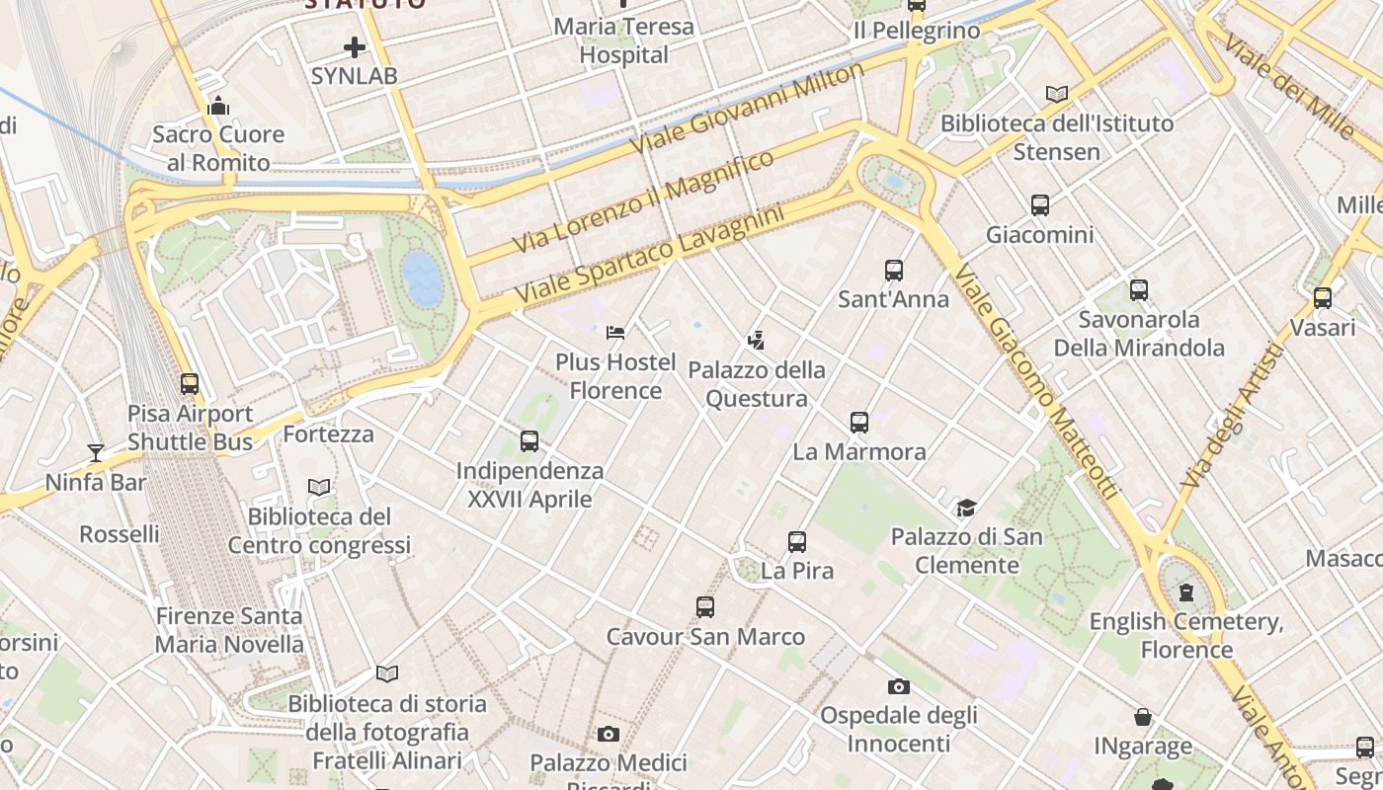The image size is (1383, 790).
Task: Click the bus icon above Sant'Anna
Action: coord(894,270)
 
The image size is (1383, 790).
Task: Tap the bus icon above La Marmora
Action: coord(859,423)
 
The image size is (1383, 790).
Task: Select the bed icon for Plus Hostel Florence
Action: coord(615,333)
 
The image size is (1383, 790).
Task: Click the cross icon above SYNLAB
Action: coord(355,46)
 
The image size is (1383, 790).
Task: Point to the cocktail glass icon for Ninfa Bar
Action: coord(96,453)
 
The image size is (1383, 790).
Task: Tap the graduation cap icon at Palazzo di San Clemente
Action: coord(965,509)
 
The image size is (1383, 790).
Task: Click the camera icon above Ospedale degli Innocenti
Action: coord(898,686)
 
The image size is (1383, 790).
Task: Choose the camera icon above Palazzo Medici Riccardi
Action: coord(608,734)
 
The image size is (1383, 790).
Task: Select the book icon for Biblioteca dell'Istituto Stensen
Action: coord(1057,94)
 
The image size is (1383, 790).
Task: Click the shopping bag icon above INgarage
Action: coord(1143,717)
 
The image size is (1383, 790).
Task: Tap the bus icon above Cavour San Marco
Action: coord(704,607)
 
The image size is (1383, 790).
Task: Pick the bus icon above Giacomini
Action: coord(1040,205)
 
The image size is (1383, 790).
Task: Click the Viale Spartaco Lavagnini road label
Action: coord(649,254)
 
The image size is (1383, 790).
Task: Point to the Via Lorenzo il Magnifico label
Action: coord(643,201)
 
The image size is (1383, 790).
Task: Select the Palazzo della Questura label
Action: coord(757,384)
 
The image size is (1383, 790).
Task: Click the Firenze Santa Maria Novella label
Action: coord(229,630)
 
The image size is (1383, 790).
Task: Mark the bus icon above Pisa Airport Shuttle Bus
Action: coord(190,384)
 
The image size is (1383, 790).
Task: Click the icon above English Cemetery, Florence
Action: coord(1185,592)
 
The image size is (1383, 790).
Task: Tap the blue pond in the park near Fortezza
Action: coord(421,276)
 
